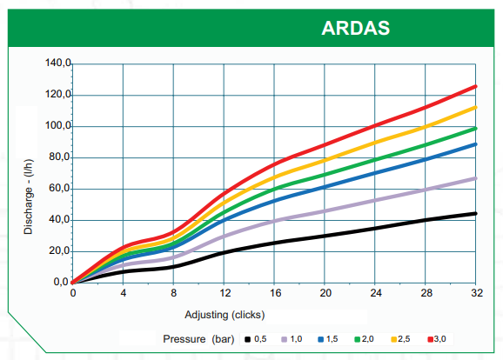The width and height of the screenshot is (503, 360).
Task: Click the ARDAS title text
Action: (355, 28)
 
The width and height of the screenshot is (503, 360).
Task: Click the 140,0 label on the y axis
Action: (58, 63)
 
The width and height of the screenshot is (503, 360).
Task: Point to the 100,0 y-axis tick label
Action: (58, 125)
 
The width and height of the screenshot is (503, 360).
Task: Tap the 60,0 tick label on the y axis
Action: (60, 188)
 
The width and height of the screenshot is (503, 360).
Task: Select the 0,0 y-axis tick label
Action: (62, 282)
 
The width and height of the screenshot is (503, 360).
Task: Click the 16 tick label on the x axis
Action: (275, 293)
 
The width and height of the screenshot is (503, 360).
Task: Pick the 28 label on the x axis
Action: (426, 293)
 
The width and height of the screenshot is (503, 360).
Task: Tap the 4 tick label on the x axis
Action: (124, 293)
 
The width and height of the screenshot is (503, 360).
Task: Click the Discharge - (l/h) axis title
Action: (28, 197)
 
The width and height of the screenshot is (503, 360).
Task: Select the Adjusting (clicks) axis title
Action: (225, 315)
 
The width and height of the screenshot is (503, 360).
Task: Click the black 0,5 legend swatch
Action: (247, 339)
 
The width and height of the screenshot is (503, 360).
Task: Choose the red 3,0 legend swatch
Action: (431, 339)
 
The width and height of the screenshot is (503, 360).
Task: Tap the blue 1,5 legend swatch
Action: (320, 339)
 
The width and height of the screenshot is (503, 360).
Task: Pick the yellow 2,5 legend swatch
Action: (394, 339)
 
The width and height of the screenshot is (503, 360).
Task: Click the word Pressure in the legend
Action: (184, 339)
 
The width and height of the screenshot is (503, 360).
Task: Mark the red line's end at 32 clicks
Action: (475, 87)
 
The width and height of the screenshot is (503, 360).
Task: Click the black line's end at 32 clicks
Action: (475, 214)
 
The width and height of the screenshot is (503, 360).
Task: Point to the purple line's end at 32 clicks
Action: (475, 178)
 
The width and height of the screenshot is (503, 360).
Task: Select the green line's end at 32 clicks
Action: (475, 129)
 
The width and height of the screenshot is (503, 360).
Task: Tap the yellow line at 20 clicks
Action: (325, 160)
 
